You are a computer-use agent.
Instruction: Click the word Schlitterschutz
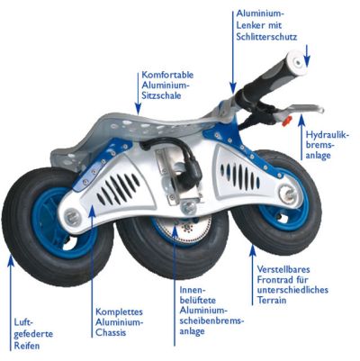pos(266,37)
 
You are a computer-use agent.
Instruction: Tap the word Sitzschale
pos(161,95)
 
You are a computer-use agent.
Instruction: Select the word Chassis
pos(111,332)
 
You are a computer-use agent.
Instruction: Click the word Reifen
pos(27,345)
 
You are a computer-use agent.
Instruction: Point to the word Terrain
pos(271,300)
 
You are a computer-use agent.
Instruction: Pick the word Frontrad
pos(274,280)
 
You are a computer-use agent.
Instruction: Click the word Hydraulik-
pos(328,135)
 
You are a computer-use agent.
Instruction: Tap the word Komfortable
pos(167,75)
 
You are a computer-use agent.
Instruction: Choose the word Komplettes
pos(119,312)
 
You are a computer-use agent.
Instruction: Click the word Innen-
pos(192,290)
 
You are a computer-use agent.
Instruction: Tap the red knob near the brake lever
pos(286,121)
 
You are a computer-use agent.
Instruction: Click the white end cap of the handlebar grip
pos(297,61)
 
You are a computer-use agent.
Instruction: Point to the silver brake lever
pos(301,109)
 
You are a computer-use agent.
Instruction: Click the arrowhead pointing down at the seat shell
pos(138,109)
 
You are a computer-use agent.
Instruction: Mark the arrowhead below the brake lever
pos(301,120)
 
